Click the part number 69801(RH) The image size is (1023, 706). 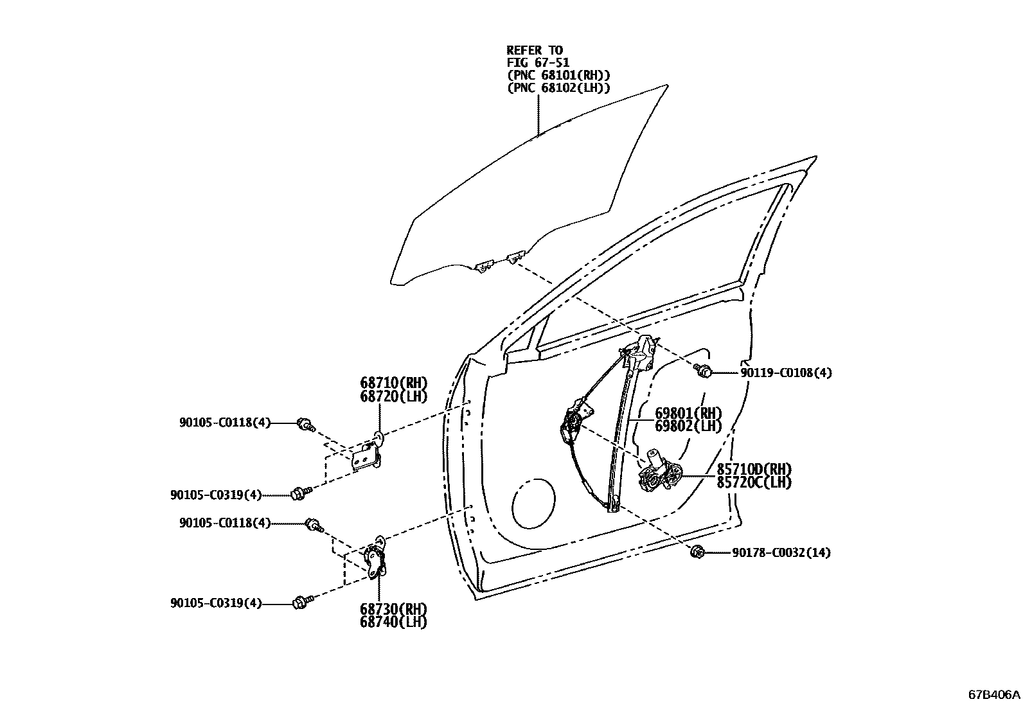click(688, 413)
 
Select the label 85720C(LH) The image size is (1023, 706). click(754, 482)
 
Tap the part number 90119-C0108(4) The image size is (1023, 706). click(786, 373)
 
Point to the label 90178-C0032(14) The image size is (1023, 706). click(781, 552)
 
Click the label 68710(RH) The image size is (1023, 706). click(393, 384)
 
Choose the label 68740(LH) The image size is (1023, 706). click(393, 621)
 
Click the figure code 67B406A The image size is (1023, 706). click(994, 694)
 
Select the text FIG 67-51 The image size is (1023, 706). click(538, 63)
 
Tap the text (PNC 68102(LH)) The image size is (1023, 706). click(558, 88)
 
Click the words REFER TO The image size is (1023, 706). click(535, 50)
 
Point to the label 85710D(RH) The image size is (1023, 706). click(754, 469)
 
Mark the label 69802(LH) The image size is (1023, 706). click(688, 426)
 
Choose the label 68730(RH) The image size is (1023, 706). click(393, 608)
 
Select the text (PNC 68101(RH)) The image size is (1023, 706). click(558, 76)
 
